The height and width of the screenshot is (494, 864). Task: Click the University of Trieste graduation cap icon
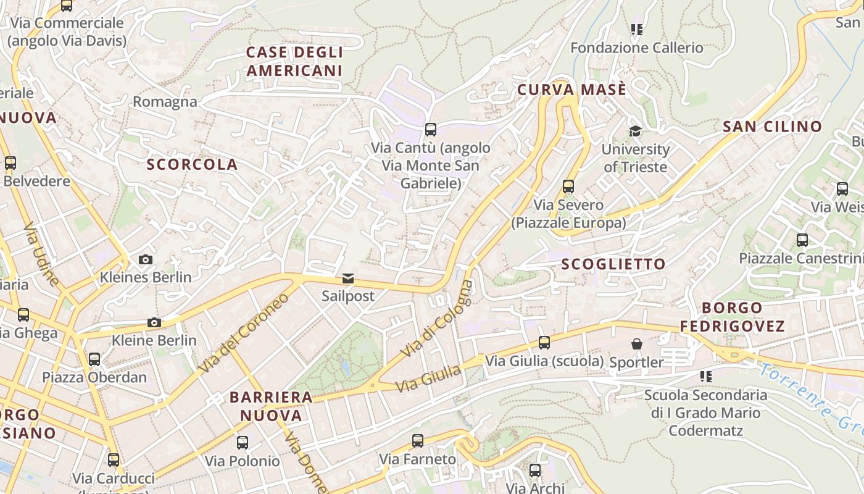pos(635,131)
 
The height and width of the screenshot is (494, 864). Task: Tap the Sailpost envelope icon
pos(348,278)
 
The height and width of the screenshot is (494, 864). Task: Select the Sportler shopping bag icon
pos(636,344)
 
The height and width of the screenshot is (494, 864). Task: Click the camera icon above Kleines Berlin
pos(146,259)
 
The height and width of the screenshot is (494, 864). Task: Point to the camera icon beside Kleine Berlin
pos(154,322)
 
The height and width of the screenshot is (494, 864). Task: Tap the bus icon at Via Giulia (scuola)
pos(544,342)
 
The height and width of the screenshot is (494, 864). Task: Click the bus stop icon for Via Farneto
pos(418,441)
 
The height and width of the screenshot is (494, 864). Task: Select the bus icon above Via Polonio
pos(243,442)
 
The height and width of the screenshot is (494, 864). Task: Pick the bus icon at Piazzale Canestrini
pos(802,240)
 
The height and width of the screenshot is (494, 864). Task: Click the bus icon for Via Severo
pos(568,186)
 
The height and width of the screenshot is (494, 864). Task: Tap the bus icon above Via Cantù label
pos(431,130)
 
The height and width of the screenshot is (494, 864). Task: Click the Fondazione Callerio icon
pos(637,30)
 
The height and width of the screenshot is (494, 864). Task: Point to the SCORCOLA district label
pos(192,164)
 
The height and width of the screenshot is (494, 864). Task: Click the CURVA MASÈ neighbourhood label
pos(571,90)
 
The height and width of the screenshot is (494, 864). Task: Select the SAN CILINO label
pos(772,127)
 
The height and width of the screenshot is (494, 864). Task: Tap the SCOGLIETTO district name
pos(613,264)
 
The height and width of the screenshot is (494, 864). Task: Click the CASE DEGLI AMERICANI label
pos(294,61)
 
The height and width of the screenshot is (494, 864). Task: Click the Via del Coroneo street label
pos(244,333)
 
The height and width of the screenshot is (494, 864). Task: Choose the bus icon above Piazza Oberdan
pos(94,359)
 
